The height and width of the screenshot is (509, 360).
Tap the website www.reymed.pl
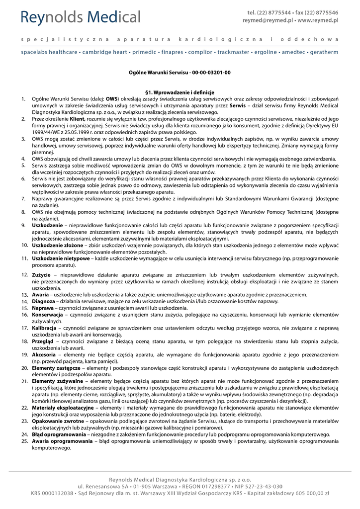(318, 21)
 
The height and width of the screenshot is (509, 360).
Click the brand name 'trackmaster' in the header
(233, 52)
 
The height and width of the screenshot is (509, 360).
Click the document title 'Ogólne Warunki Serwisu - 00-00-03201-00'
(180, 73)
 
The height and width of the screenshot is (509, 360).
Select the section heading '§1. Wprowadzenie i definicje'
(180, 92)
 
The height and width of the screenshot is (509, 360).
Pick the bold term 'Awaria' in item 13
(40, 295)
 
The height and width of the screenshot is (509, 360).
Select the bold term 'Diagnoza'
(43, 301)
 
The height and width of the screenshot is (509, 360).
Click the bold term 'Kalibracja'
(45, 328)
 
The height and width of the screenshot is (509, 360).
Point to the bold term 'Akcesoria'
(44, 355)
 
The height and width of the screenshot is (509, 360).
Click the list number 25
(24, 441)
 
